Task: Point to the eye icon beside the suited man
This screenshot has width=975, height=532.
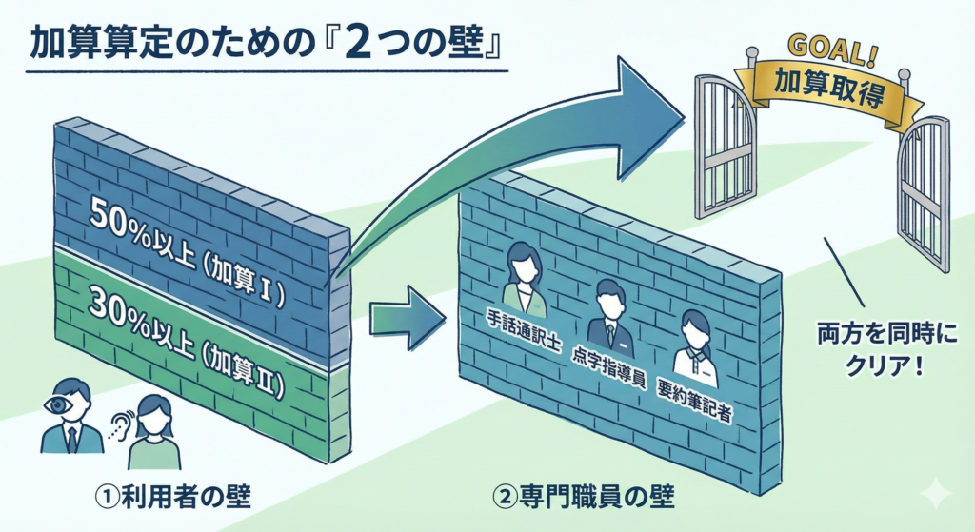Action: [58, 404]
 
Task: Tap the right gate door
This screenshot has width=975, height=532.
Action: [923, 190]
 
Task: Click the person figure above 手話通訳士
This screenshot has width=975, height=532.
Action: [523, 276]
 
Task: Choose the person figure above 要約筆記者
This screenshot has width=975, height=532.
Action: [694, 344]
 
